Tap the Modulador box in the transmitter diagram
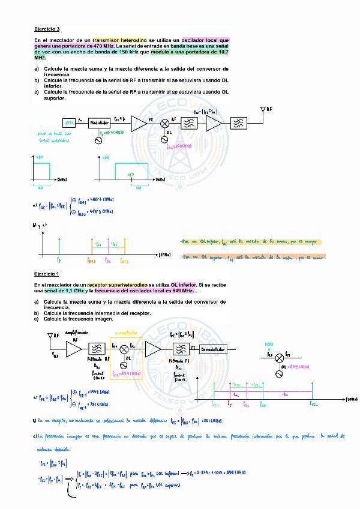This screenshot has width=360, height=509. click(103, 122)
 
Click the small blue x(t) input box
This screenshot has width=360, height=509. click(68, 122)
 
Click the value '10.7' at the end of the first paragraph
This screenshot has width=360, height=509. click(224, 52)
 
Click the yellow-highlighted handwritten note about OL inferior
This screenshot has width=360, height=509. click(250, 242)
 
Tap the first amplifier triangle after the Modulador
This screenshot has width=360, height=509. click(139, 123)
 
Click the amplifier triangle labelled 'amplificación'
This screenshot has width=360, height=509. click(73, 349)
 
